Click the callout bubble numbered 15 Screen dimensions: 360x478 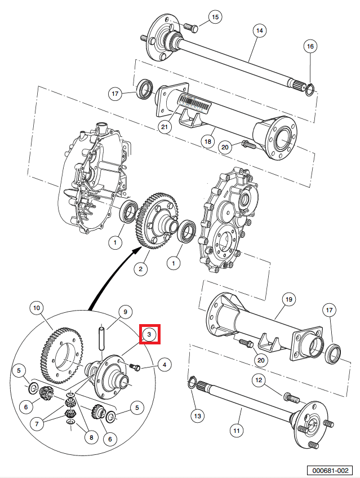215,17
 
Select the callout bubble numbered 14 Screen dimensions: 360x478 260,31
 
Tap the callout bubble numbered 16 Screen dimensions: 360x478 310,46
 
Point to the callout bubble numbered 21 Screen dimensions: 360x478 165,126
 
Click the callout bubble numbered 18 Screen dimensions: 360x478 208,141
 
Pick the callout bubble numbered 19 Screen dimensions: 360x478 288,299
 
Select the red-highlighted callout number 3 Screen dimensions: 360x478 149,334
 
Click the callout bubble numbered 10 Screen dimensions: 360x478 37,308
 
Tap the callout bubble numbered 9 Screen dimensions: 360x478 125,312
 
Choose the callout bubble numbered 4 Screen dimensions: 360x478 165,365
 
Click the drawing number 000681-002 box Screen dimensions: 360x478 330,470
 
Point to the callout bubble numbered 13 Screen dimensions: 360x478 198,416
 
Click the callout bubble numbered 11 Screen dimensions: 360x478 237,431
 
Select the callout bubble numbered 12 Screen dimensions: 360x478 259,380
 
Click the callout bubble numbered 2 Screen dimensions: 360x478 140,269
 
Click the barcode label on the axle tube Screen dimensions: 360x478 194,103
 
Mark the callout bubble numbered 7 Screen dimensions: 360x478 37,424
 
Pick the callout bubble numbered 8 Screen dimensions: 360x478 91,438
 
